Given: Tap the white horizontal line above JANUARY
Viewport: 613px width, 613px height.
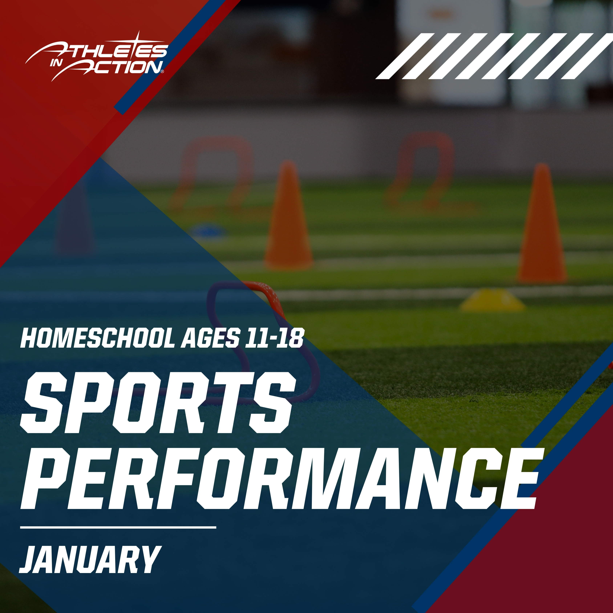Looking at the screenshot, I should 118,527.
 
